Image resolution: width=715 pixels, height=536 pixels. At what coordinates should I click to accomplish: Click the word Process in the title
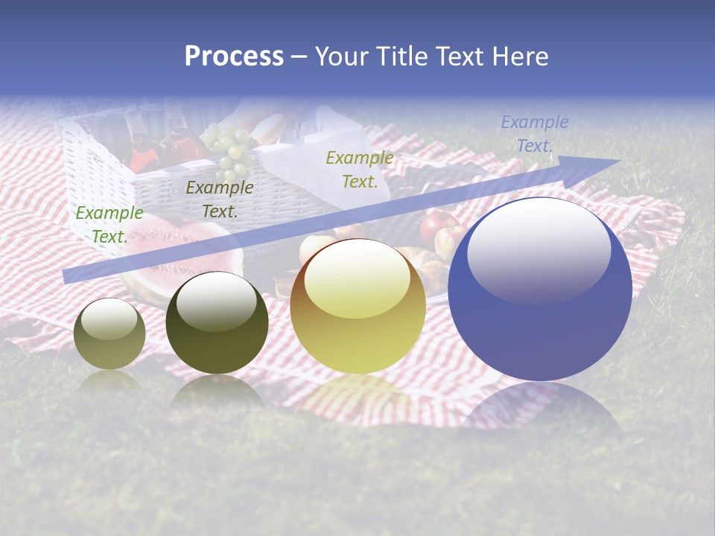(234, 57)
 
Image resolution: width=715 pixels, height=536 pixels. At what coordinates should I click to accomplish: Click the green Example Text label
(109, 224)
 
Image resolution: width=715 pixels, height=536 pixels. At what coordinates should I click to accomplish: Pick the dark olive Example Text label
(219, 199)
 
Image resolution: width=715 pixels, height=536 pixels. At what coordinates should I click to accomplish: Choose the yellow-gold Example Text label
(360, 169)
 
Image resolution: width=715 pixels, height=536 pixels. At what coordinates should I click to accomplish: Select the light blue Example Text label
(534, 134)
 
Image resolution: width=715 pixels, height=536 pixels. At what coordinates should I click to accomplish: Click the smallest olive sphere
(109, 334)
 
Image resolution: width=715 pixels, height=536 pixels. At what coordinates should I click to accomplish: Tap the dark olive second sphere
(217, 323)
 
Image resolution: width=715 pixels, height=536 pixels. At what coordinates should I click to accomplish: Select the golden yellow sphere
(357, 307)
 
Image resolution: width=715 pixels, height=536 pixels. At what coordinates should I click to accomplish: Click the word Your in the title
(340, 57)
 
